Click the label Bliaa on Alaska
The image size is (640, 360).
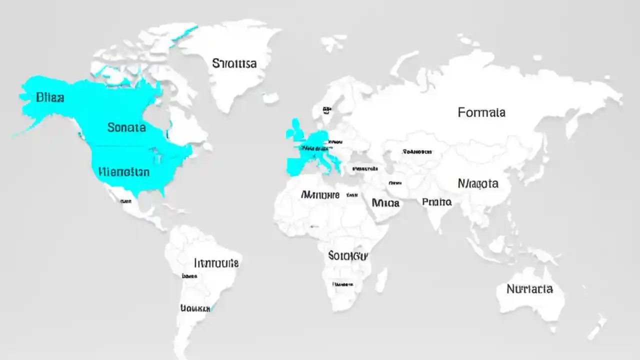pyautogui.click(x=50, y=97)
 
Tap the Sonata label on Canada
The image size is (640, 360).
pyautogui.click(x=126, y=127)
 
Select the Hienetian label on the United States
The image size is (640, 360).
pyautogui.click(x=124, y=172)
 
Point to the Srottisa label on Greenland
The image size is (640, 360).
pyautogui.click(x=234, y=63)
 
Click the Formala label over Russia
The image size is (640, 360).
pyautogui.click(x=481, y=112)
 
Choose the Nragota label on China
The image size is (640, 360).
pyautogui.click(x=478, y=183)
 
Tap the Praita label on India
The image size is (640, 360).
pyautogui.click(x=436, y=202)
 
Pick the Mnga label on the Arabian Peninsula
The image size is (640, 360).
pyautogui.click(x=385, y=202)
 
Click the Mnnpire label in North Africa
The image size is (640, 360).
pyautogui.click(x=320, y=194)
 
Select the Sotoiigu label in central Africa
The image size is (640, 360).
pyautogui.click(x=348, y=255)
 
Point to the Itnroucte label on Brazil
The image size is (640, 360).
pyautogui.click(x=216, y=262)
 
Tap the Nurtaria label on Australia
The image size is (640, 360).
pyautogui.click(x=529, y=289)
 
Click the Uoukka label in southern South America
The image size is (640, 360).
pyautogui.click(x=194, y=308)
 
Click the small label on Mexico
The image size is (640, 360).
pyautogui.click(x=125, y=201)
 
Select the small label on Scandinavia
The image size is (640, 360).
pyautogui.click(x=327, y=109)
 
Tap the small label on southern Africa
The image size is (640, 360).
pyautogui.click(x=342, y=284)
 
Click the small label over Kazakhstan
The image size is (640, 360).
pyautogui.click(x=417, y=150)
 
